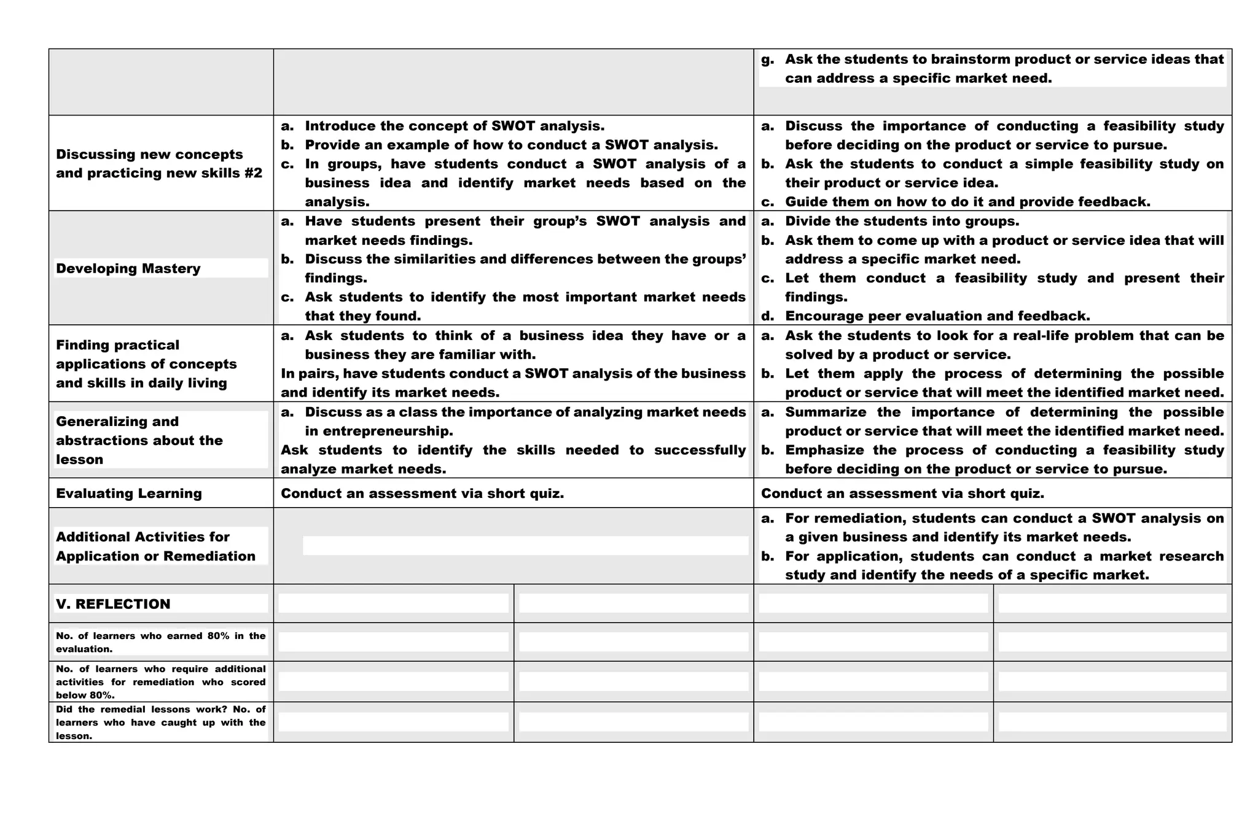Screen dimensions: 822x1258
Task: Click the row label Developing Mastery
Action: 128,268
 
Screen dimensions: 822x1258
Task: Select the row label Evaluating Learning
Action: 128,494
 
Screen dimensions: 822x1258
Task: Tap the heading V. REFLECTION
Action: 113,604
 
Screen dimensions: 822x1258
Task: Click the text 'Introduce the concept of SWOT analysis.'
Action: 455,126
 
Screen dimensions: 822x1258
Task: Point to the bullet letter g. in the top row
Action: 767,60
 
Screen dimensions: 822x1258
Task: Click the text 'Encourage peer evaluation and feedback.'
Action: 937,316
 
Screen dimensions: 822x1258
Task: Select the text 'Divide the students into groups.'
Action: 902,221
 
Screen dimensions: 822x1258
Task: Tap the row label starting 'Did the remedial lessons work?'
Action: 160,723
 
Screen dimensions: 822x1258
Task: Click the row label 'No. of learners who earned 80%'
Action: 160,642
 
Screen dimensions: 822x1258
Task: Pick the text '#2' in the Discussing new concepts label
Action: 252,173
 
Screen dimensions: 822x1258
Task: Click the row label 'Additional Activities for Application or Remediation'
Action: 155,546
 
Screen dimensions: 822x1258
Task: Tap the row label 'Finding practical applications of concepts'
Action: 146,364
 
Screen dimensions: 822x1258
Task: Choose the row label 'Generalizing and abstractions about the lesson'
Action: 139,440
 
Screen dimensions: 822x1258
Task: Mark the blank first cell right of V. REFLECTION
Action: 393,603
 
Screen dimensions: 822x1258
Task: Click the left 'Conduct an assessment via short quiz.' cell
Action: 422,494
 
